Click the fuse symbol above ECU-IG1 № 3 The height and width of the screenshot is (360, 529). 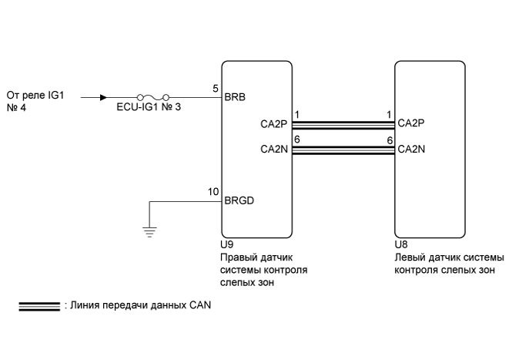pyautogui.click(x=152, y=97)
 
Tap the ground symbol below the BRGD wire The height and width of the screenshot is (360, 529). pyautogui.click(x=149, y=232)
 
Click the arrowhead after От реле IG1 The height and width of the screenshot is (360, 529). pyautogui.click(x=104, y=98)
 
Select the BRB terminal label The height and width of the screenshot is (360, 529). pyautogui.click(x=235, y=97)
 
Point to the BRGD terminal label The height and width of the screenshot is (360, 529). pyautogui.click(x=239, y=200)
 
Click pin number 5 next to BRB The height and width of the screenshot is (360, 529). pyautogui.click(x=216, y=89)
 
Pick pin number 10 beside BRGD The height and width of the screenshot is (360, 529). pyautogui.click(x=213, y=192)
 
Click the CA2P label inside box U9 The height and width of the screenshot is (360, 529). pyautogui.click(x=273, y=124)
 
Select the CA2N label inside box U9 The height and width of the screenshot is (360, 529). pyautogui.click(x=274, y=149)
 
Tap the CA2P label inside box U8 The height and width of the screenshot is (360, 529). pyautogui.click(x=411, y=123)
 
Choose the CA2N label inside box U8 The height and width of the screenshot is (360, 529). pyautogui.click(x=411, y=149)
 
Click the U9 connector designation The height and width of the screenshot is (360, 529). pyautogui.click(x=226, y=244)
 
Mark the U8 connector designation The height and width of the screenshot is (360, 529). pyautogui.click(x=401, y=244)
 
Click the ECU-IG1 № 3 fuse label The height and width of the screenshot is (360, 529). pyautogui.click(x=149, y=107)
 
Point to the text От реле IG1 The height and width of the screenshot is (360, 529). pyautogui.click(x=35, y=96)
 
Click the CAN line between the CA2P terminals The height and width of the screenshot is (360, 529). pyautogui.click(x=343, y=126)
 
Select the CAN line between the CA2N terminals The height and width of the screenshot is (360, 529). pyautogui.click(x=343, y=150)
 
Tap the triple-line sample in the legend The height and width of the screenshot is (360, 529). pyautogui.click(x=39, y=307)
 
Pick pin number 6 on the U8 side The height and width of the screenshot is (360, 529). pyautogui.click(x=390, y=140)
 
